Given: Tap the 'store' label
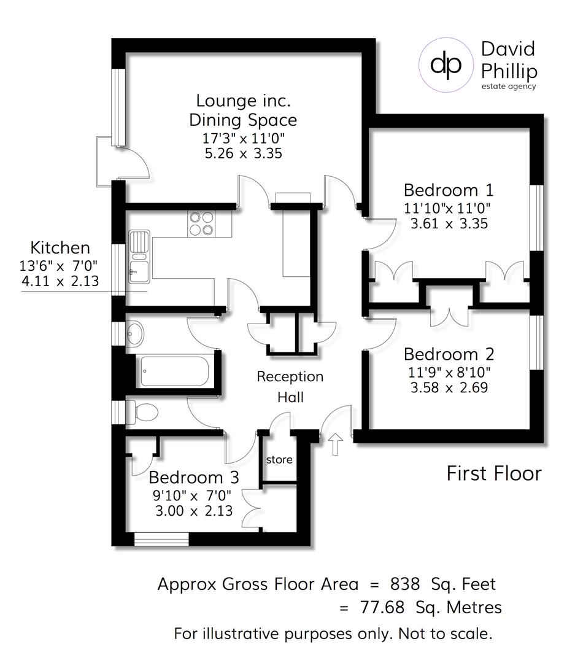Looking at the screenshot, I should (279, 459).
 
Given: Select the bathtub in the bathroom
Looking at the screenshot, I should (175, 371).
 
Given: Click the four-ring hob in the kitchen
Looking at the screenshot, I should (203, 223).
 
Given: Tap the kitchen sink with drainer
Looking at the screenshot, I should (139, 257).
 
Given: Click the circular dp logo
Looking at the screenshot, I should (446, 65).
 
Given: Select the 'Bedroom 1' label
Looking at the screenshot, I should (449, 190).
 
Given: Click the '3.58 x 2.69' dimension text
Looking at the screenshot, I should (449, 387).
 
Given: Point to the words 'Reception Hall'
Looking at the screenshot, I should (290, 387).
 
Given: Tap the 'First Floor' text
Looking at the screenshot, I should (494, 473).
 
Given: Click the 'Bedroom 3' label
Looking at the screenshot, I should (193, 477).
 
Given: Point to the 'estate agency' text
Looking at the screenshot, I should (508, 86).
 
